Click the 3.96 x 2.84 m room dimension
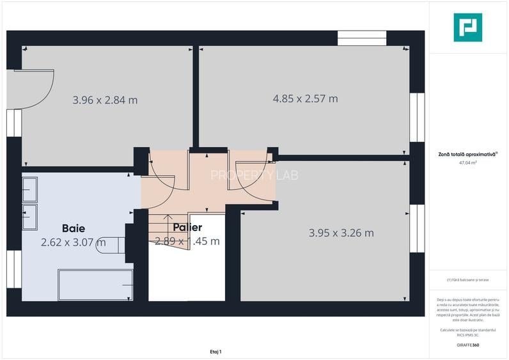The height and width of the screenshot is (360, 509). (105, 100)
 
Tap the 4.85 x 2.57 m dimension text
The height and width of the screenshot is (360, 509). (305, 98)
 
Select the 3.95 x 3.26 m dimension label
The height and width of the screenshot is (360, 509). (341, 233)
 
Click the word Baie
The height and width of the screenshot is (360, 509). (74, 228)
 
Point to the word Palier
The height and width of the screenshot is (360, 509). (187, 227)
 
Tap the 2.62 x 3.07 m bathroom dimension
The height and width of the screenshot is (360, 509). (72, 242)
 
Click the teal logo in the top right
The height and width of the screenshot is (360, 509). (468, 27)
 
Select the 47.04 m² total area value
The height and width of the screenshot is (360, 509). (468, 163)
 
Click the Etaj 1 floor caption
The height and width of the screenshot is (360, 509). (215, 351)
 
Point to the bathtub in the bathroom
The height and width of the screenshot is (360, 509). (95, 285)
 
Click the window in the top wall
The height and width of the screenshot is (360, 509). (362, 38)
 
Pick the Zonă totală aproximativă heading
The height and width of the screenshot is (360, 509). (468, 154)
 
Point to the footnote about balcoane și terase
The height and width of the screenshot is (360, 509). (468, 280)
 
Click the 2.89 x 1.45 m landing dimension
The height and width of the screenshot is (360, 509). (187, 241)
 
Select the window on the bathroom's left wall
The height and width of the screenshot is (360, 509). (13, 269)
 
